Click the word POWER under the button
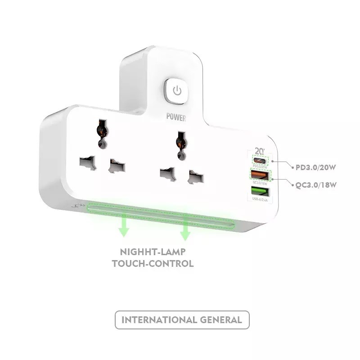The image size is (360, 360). click(176, 117)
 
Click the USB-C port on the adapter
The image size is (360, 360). click(259, 160)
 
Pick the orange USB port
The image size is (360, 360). click(258, 175)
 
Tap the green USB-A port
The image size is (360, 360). click(258, 191)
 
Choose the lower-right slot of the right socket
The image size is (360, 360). click(195, 178)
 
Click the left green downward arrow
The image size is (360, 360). click(123, 229)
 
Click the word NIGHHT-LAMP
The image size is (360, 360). click(153, 252)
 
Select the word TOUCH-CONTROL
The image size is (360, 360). click(153, 263)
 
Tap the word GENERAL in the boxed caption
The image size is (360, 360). click(221, 320)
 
